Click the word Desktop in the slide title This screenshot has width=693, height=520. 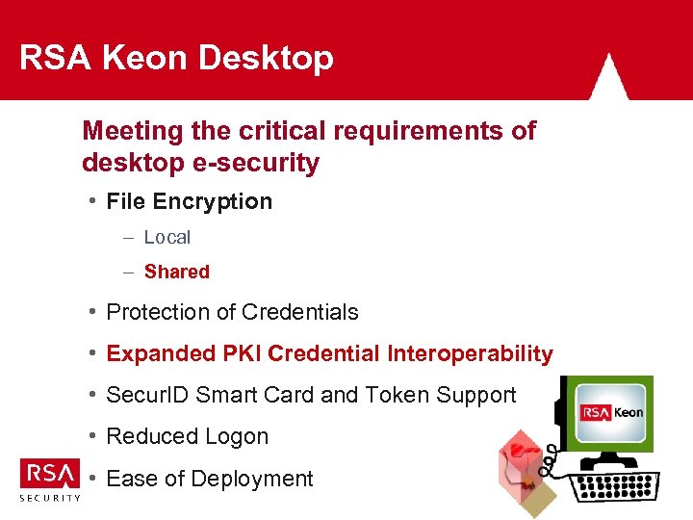coord(266,60)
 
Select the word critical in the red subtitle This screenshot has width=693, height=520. coord(267,131)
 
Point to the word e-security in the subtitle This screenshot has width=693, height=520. coord(259,163)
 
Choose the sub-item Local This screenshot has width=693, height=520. coord(167,237)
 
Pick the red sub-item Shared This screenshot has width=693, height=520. coord(176,272)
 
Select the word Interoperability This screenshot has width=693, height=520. coord(470,353)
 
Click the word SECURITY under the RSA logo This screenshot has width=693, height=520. coord(50,498)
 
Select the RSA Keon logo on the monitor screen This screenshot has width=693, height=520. coord(611,412)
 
